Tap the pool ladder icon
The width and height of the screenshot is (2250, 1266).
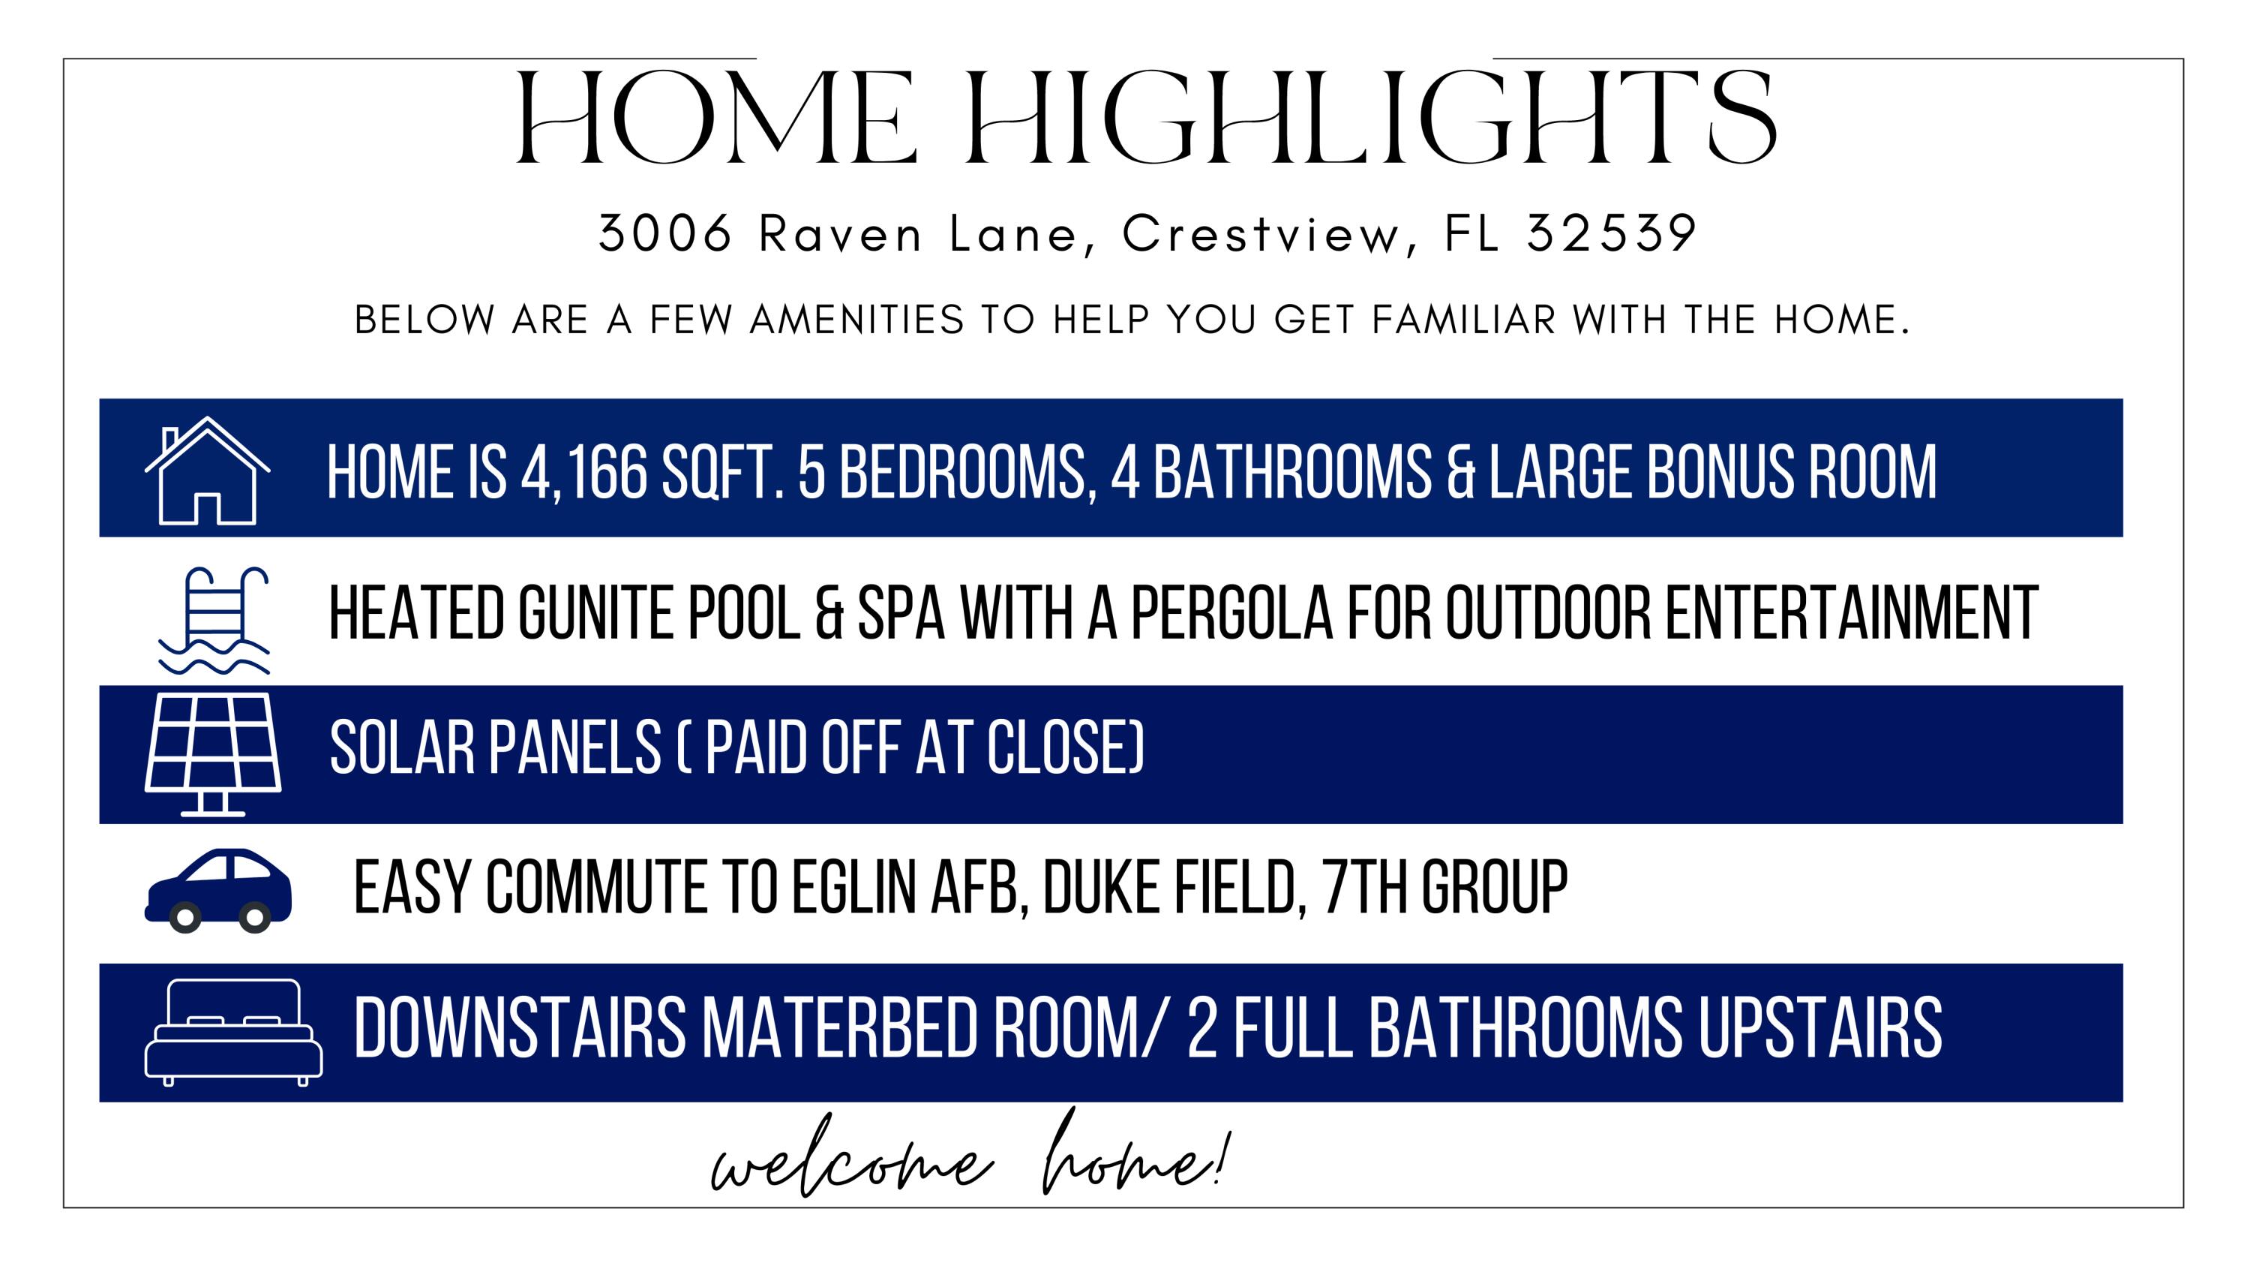pos(214,621)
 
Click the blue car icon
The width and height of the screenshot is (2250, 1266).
pos(218,890)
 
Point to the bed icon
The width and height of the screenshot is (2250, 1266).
pos(233,1032)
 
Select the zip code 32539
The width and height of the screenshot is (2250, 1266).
pos(1611,233)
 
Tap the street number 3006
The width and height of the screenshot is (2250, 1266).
pos(664,233)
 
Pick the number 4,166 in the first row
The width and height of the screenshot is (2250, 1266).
pos(583,472)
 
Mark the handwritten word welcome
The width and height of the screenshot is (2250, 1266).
pos(851,1163)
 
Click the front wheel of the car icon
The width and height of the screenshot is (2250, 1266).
pos(185,917)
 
